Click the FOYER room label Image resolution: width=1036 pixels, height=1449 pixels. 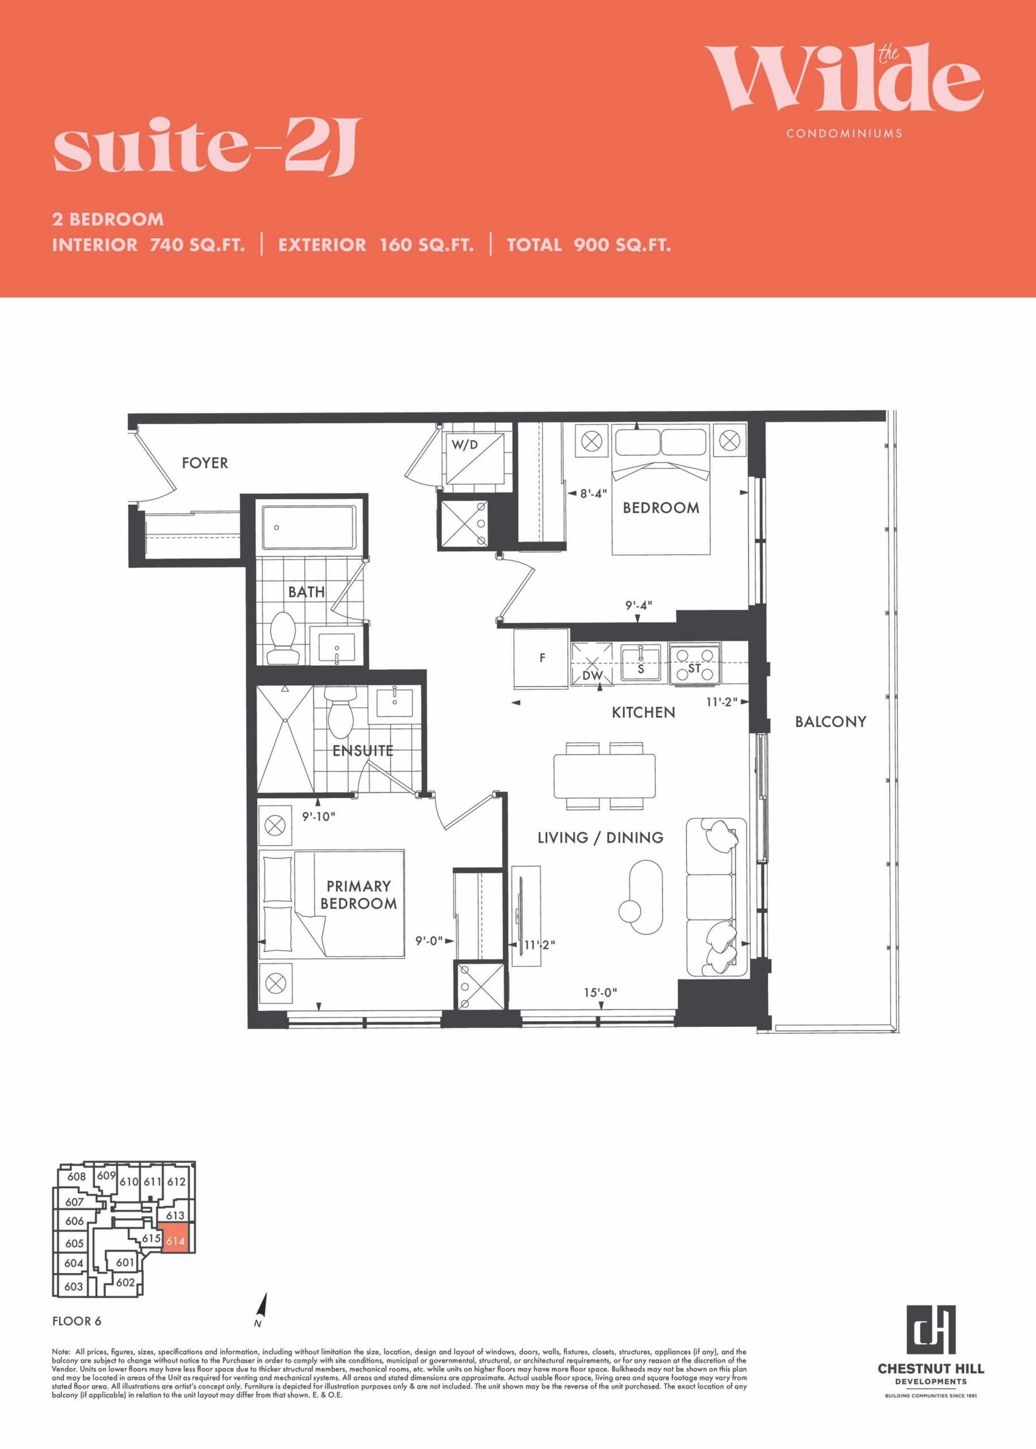pyautogui.click(x=205, y=463)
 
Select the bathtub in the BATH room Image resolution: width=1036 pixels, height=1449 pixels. pyautogui.click(x=309, y=527)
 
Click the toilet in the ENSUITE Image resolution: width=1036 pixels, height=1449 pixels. pyautogui.click(x=340, y=713)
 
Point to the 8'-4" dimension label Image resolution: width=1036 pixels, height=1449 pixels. pyautogui.click(x=593, y=493)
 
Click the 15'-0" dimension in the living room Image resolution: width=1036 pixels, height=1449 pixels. pyautogui.click(x=600, y=992)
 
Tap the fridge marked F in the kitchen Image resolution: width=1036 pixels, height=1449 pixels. pyautogui.click(x=541, y=658)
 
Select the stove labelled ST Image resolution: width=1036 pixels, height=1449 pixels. pyautogui.click(x=695, y=665)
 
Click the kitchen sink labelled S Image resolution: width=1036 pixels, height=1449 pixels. pyautogui.click(x=640, y=663)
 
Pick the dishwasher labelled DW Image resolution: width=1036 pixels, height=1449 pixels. pyautogui.click(x=592, y=664)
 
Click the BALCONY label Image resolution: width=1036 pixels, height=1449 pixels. pyautogui.click(x=831, y=722)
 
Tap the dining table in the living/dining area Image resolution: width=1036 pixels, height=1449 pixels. pyautogui.click(x=604, y=776)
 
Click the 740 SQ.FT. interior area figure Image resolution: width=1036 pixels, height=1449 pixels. pyautogui.click(x=197, y=245)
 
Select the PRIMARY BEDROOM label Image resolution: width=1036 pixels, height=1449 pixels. pyautogui.click(x=359, y=894)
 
